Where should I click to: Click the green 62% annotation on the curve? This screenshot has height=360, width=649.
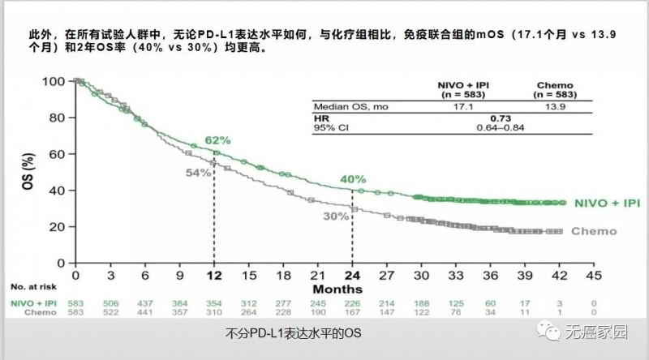click(217, 140)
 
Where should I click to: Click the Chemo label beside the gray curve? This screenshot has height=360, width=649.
click(594, 231)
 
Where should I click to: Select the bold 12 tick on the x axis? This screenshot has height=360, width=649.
click(214, 276)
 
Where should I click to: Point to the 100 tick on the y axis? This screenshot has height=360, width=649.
click(52, 82)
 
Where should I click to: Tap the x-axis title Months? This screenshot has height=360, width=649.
click(333, 288)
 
